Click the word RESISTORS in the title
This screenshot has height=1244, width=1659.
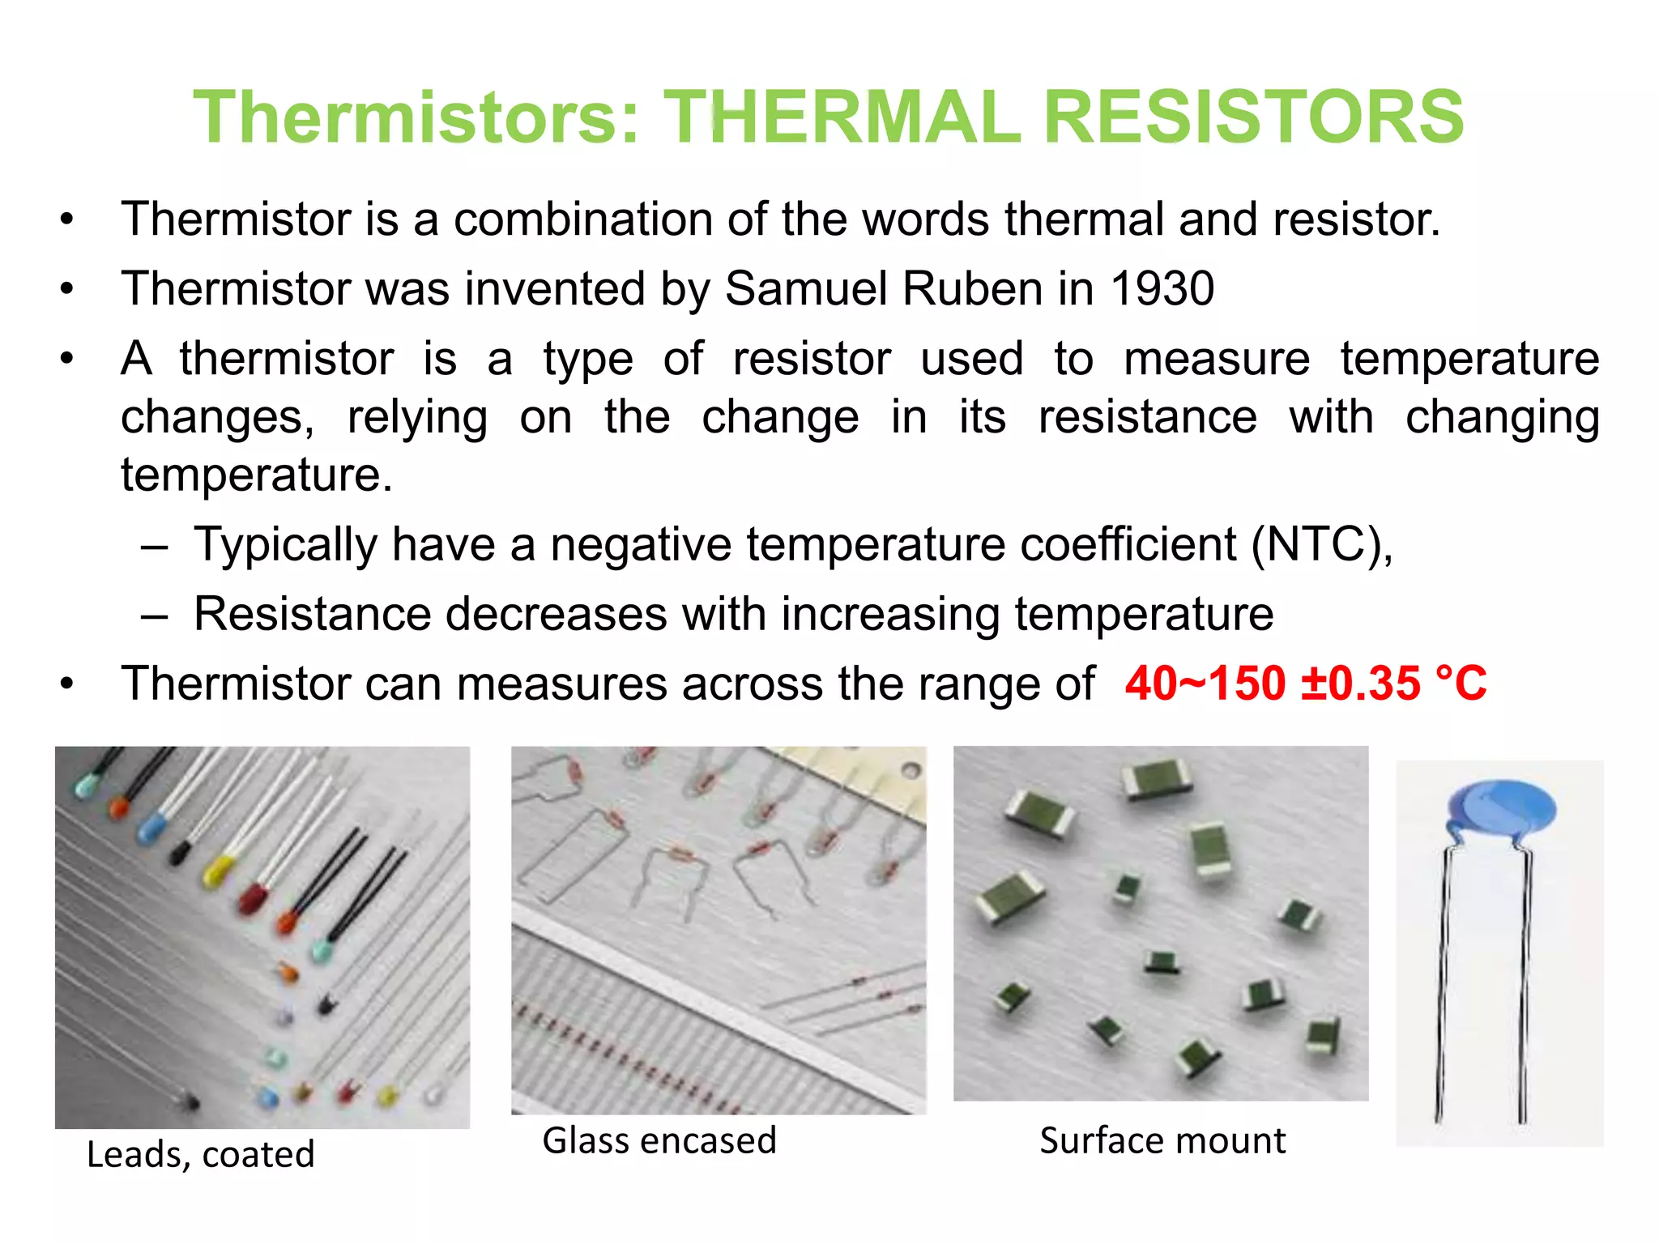point(1253,117)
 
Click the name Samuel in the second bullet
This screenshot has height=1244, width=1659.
point(806,288)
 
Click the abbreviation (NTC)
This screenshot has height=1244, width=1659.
point(1320,544)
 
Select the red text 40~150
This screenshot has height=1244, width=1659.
point(1205,684)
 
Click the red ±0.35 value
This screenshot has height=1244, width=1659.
point(1360,684)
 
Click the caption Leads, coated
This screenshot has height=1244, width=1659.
point(200,1155)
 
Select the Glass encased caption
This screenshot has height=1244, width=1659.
point(659,1141)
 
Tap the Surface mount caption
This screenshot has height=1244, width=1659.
point(1162,1141)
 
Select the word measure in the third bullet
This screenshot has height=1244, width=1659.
point(1217,359)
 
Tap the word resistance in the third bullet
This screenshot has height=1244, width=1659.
point(1147,418)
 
